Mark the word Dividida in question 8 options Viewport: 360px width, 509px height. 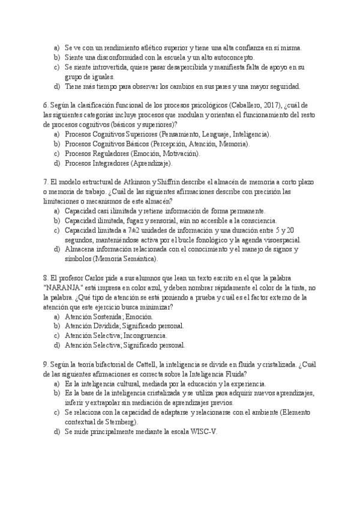click(x=107, y=326)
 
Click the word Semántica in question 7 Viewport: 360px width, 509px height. click(x=141, y=259)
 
